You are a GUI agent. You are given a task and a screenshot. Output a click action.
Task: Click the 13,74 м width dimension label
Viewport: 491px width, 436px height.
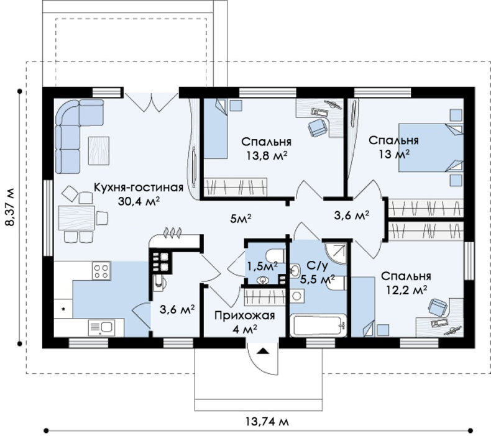click(x=267, y=422)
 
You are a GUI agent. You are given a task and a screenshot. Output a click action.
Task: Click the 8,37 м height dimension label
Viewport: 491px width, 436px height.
click(x=9, y=207)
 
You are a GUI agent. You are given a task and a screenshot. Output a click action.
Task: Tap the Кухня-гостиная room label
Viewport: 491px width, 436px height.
click(x=139, y=187)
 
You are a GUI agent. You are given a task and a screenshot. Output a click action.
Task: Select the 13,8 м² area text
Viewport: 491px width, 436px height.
click(x=267, y=155)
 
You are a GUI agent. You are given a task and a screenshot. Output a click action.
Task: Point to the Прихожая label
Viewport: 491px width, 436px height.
click(x=244, y=316)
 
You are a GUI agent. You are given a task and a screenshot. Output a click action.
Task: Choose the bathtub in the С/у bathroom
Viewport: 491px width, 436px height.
click(x=318, y=325)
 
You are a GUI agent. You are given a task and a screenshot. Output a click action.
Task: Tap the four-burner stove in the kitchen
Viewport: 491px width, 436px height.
click(x=101, y=270)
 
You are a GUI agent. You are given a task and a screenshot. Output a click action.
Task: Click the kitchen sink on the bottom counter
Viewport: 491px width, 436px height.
click(x=101, y=327)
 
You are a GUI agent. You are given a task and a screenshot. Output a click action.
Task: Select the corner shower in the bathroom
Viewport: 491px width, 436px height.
click(x=337, y=253)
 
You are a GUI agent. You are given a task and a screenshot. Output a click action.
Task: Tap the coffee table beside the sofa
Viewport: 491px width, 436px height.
click(x=99, y=150)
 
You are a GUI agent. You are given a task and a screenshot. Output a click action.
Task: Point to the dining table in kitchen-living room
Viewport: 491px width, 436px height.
click(x=76, y=218)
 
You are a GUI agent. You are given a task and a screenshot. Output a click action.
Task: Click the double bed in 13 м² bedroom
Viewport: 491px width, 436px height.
click(x=431, y=148)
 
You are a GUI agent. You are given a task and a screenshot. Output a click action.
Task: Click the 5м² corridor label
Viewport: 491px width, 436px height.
click(x=241, y=219)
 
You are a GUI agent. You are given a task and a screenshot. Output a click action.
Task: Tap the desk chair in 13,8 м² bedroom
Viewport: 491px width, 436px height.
click(x=318, y=127)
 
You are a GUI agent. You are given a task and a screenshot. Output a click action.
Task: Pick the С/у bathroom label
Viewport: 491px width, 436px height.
click(x=317, y=266)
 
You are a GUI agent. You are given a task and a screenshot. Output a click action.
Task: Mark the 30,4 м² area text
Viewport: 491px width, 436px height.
click(x=139, y=201)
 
